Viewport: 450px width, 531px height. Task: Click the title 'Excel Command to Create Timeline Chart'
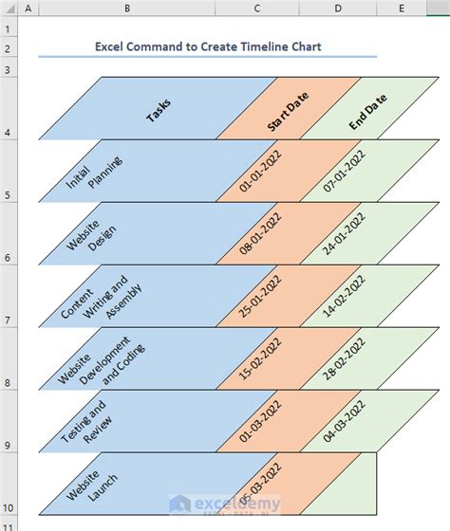pyautogui.click(x=208, y=46)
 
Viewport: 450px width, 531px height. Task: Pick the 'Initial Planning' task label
pyautogui.click(x=93, y=173)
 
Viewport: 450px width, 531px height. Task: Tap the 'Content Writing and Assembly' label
pyautogui.click(x=94, y=297)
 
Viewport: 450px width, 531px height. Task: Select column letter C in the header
pyautogui.click(x=255, y=9)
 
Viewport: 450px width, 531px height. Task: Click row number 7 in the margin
pyautogui.click(x=8, y=321)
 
